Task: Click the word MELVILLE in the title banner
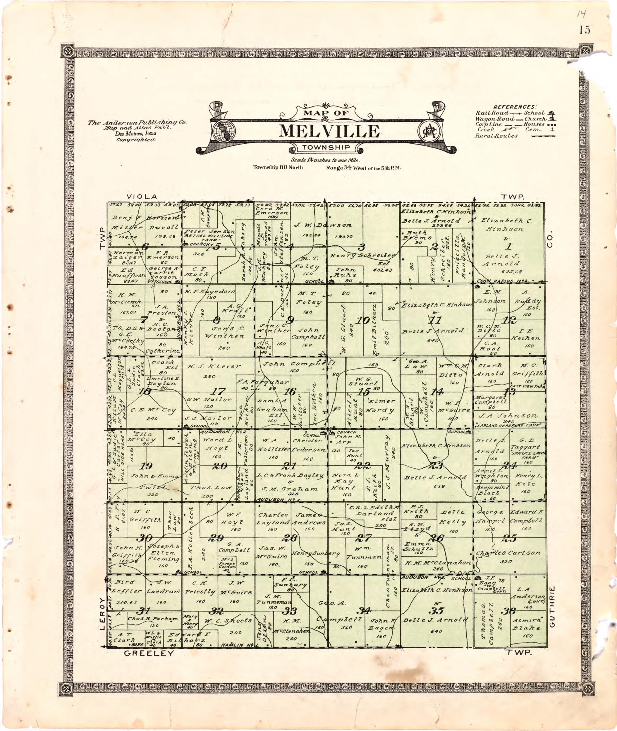329,131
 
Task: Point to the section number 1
509,246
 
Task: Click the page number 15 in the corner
584,30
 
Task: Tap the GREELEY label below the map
149,653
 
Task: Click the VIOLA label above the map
142,196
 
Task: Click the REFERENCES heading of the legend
514,107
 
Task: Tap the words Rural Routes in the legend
496,136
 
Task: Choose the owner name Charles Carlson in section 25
508,553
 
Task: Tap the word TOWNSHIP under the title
326,147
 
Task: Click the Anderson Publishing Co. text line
137,123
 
